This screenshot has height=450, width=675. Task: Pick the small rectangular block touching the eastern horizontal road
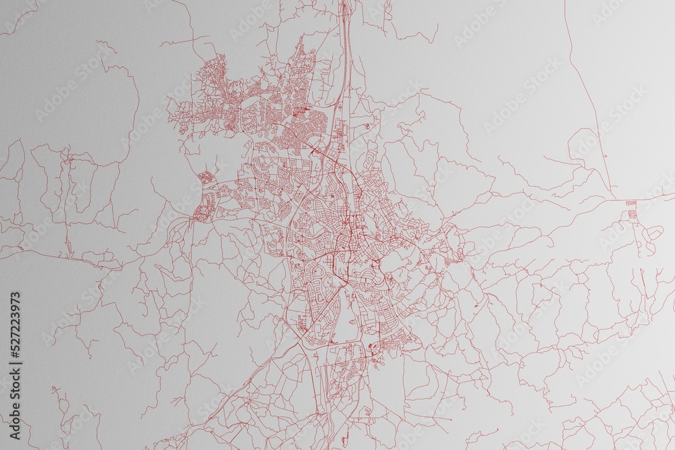click(631, 202)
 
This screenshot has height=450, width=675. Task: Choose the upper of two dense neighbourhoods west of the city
click(204, 178)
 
